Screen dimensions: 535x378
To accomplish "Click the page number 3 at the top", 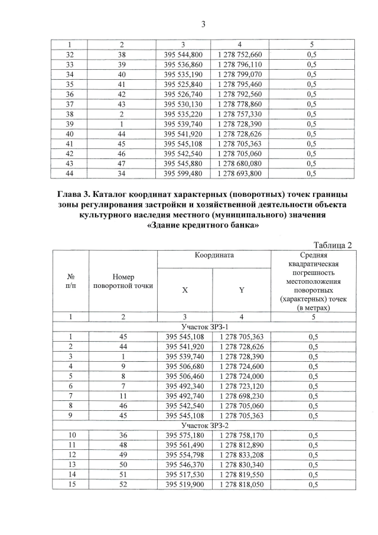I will coord(203,24).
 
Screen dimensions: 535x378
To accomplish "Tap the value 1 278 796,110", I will coord(239,64).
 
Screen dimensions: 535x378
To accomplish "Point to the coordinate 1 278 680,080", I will coord(239,164).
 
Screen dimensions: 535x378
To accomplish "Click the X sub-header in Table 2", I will coord(185,290).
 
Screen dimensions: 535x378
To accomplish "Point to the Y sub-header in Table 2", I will coord(241,290).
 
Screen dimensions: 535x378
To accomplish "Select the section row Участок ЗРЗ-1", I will coord(203,326).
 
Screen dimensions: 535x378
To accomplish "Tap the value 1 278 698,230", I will coord(239,397).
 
